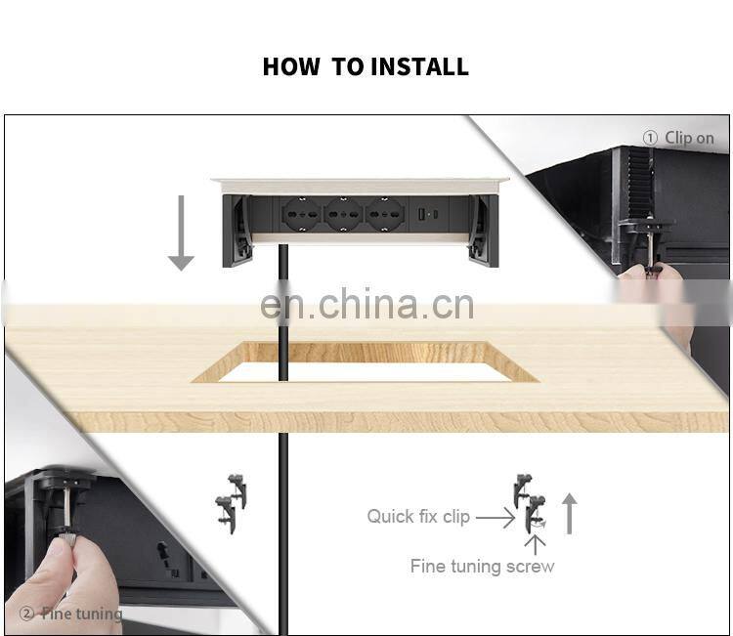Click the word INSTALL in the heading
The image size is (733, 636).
click(x=420, y=66)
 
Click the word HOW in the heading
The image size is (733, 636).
click(x=291, y=66)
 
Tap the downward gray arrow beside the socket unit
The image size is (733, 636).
click(x=181, y=233)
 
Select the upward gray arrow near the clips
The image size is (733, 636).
click(x=569, y=514)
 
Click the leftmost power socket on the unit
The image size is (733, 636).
click(x=302, y=215)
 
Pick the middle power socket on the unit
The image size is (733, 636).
click(x=343, y=215)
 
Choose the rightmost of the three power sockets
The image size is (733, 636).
click(x=384, y=215)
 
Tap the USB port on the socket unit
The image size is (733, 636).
click(x=420, y=215)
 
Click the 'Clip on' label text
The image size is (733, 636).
click(x=689, y=138)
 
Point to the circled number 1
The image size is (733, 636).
click(x=650, y=138)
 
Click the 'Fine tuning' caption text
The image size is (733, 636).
click(x=82, y=614)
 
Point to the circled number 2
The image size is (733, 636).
click(x=26, y=614)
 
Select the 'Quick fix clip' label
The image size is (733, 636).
click(x=418, y=517)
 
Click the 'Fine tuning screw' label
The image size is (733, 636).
click(x=483, y=566)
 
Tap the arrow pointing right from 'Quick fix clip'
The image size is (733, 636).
click(x=496, y=518)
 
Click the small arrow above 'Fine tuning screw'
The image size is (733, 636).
click(x=535, y=544)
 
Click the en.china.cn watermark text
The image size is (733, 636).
click(x=366, y=304)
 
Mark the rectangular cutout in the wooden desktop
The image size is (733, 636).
click(x=366, y=362)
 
